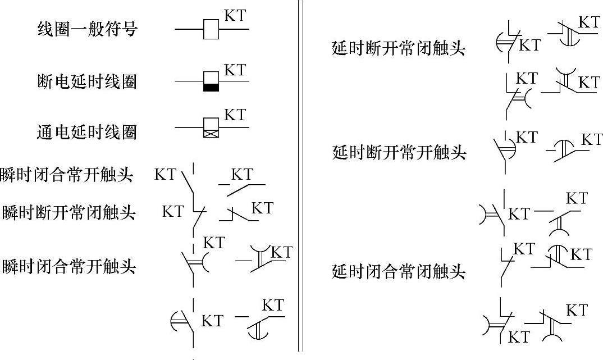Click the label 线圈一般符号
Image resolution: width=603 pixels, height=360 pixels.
pos(86,29)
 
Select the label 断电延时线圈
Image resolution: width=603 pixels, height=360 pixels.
pos(86,83)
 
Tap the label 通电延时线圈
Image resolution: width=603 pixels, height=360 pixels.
pos(86,133)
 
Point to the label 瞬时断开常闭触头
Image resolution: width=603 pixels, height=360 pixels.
pos(68,213)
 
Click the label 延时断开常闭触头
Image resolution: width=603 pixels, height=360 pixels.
pos(399,48)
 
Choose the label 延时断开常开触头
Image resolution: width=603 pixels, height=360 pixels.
pos(399,152)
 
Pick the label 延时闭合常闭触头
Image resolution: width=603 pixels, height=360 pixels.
pos(399,272)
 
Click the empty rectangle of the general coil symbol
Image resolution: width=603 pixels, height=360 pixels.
pos(211,29)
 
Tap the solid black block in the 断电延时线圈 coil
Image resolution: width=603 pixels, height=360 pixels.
pos(211,87)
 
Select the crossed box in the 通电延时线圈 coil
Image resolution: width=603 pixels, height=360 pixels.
pos(211,134)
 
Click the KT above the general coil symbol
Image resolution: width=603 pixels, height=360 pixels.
pos(235,16)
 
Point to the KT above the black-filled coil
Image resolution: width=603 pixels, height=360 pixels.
pos(235,70)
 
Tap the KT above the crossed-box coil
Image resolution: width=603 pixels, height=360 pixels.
pos(235,115)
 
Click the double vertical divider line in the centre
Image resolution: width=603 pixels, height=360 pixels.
pos(301,180)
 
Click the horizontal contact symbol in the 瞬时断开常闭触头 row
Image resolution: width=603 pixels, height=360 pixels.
pos(238,213)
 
